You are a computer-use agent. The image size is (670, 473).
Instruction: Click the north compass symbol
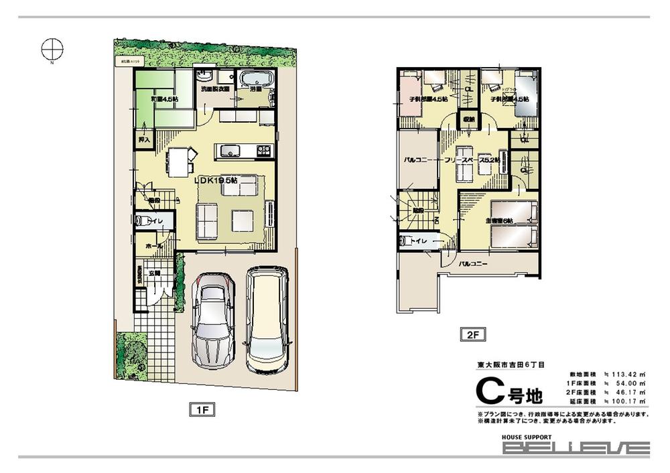[x=52, y=49]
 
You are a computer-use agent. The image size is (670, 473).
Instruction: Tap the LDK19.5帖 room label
[x=216, y=180]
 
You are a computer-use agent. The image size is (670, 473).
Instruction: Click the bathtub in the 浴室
[x=255, y=78]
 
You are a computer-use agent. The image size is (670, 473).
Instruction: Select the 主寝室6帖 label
[x=498, y=221]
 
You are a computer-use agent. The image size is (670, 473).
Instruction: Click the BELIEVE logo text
[x=576, y=448]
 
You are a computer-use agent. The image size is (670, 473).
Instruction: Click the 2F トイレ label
[x=419, y=241]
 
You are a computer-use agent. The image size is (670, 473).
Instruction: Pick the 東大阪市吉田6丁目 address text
[x=511, y=364]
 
